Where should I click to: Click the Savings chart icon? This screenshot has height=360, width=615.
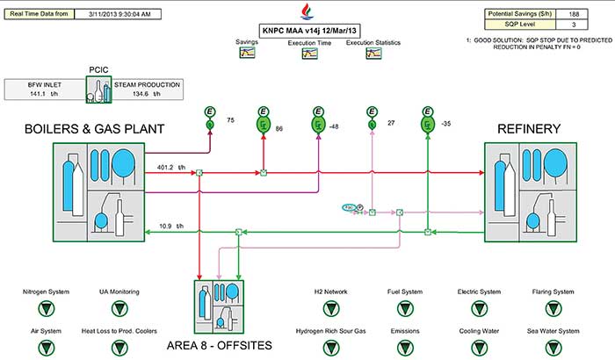[248, 54]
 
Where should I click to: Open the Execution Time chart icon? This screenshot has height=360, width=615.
[310, 54]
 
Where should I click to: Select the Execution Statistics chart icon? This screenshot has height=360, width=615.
[373, 54]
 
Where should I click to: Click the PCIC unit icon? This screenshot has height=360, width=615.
[98, 90]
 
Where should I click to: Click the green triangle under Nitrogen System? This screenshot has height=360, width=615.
[46, 308]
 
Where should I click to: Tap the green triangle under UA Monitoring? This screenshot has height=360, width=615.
[119, 308]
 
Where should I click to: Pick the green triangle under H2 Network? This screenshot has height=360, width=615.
[330, 308]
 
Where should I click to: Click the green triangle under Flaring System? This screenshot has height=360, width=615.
[553, 308]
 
